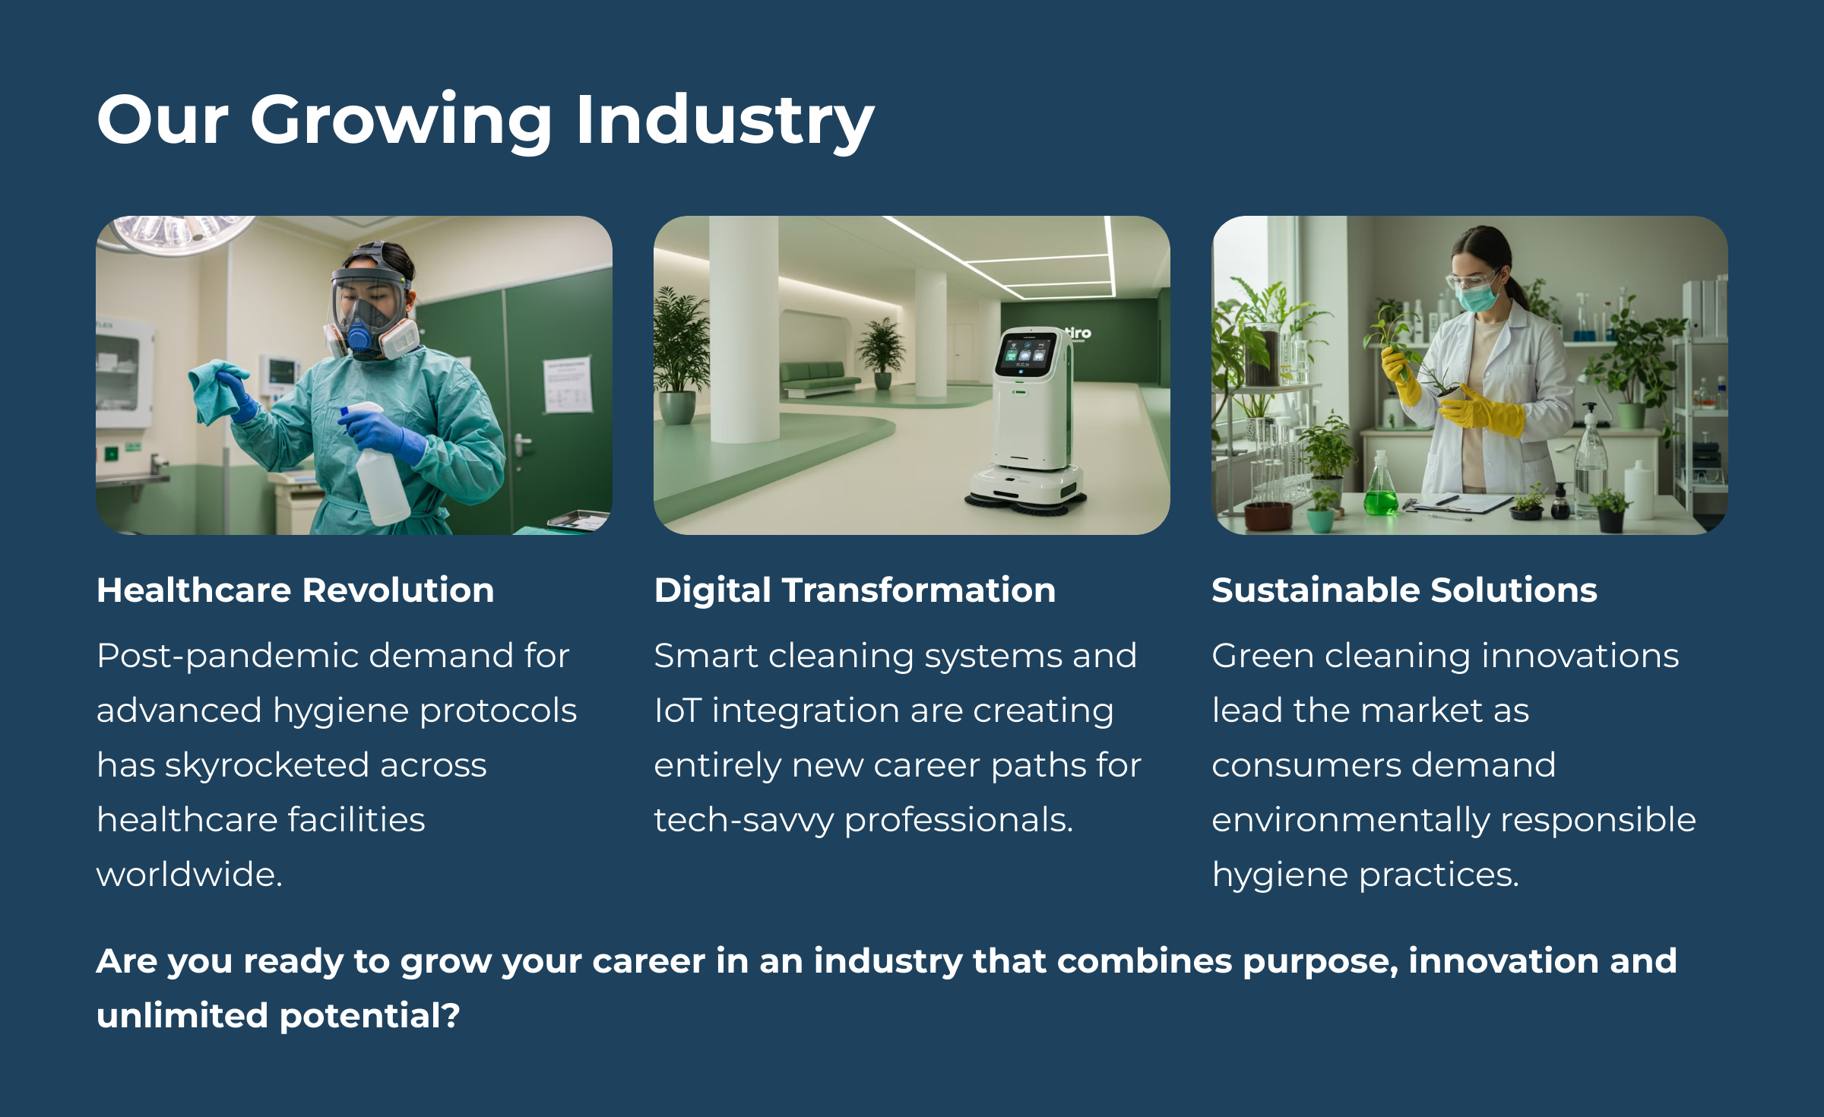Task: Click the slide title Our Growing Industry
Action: (486, 120)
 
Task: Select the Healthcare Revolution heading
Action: (296, 590)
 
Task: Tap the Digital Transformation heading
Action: (855, 590)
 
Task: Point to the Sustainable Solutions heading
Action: (1404, 590)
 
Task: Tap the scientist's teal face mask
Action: (1477, 296)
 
